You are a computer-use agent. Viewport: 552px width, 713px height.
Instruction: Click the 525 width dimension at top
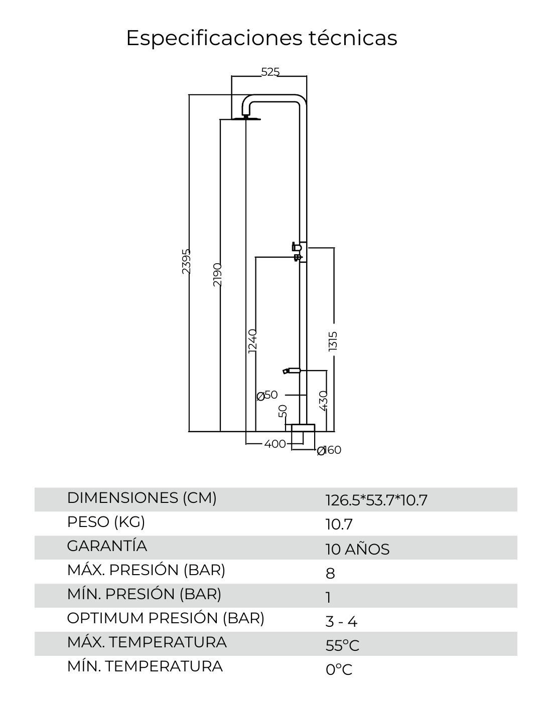[x=270, y=72]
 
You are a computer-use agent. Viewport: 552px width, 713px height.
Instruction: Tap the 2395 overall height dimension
[x=186, y=261]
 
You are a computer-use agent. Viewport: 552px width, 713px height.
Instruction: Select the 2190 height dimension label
[x=217, y=274]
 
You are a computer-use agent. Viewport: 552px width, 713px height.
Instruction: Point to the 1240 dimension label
[x=252, y=341]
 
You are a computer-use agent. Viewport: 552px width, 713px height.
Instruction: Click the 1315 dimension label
[x=333, y=341]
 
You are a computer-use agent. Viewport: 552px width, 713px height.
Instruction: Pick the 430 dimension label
[x=323, y=400]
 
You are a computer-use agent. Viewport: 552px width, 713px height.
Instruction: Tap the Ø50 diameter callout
[x=267, y=395]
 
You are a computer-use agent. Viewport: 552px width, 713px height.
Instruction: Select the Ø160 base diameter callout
[x=329, y=450]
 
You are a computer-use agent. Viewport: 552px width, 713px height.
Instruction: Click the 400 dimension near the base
[x=274, y=444]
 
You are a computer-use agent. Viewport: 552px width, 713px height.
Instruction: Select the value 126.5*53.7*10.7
[x=376, y=500]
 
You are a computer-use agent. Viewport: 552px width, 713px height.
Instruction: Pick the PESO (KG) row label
[x=106, y=522]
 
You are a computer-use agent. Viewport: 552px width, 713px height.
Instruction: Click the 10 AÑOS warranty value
[x=357, y=549]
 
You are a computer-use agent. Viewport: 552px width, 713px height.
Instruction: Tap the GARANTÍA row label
[x=107, y=546]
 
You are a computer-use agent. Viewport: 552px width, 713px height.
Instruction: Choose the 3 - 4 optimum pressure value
[x=341, y=622]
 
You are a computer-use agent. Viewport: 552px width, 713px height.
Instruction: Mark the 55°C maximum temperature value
[x=342, y=645]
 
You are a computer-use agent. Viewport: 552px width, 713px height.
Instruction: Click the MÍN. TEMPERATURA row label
[x=145, y=666]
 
